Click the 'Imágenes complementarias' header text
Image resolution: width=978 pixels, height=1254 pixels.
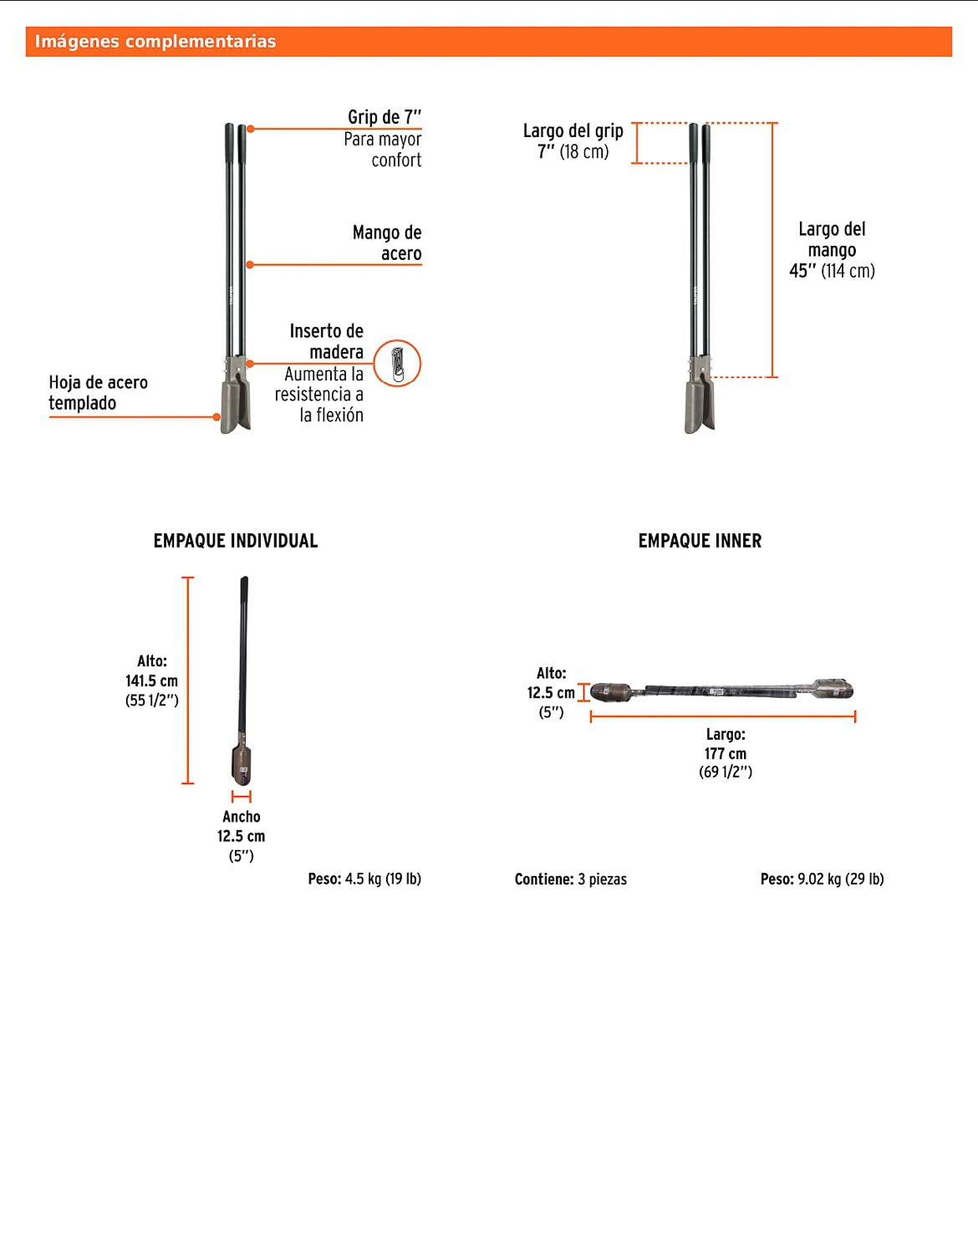coord(155,42)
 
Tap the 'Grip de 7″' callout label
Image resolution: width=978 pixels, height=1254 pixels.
coord(385,116)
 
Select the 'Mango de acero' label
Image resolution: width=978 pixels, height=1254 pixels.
coord(386,243)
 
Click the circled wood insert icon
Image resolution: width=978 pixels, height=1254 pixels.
coord(397,364)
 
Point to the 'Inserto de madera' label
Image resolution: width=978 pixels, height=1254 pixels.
coord(327,341)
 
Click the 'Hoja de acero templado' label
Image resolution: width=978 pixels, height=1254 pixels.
coord(98,392)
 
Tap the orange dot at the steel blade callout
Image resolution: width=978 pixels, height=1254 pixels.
coord(216,416)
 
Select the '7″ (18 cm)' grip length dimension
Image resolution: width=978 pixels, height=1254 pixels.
coord(573,152)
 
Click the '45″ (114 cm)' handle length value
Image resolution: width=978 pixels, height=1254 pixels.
coord(832,271)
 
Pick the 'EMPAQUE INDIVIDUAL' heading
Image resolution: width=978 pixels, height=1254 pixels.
coord(236,541)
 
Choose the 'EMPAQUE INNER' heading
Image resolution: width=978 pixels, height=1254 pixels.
coord(700,541)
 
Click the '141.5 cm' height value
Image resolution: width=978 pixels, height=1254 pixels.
coord(152,681)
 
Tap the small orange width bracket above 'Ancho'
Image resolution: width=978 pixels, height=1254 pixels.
coord(242,797)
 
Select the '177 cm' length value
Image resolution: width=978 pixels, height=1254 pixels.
coord(726,754)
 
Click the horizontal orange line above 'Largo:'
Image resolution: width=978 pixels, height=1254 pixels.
coord(723,716)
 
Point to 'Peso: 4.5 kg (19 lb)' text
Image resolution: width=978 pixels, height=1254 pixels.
coord(364,879)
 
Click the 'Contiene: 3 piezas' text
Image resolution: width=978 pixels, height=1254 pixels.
coord(571,879)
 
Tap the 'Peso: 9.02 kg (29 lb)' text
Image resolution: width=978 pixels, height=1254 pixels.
coord(823,879)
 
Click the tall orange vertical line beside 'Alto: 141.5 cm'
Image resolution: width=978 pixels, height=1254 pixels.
coord(187,681)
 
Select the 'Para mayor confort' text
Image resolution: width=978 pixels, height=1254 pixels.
coord(383,150)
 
